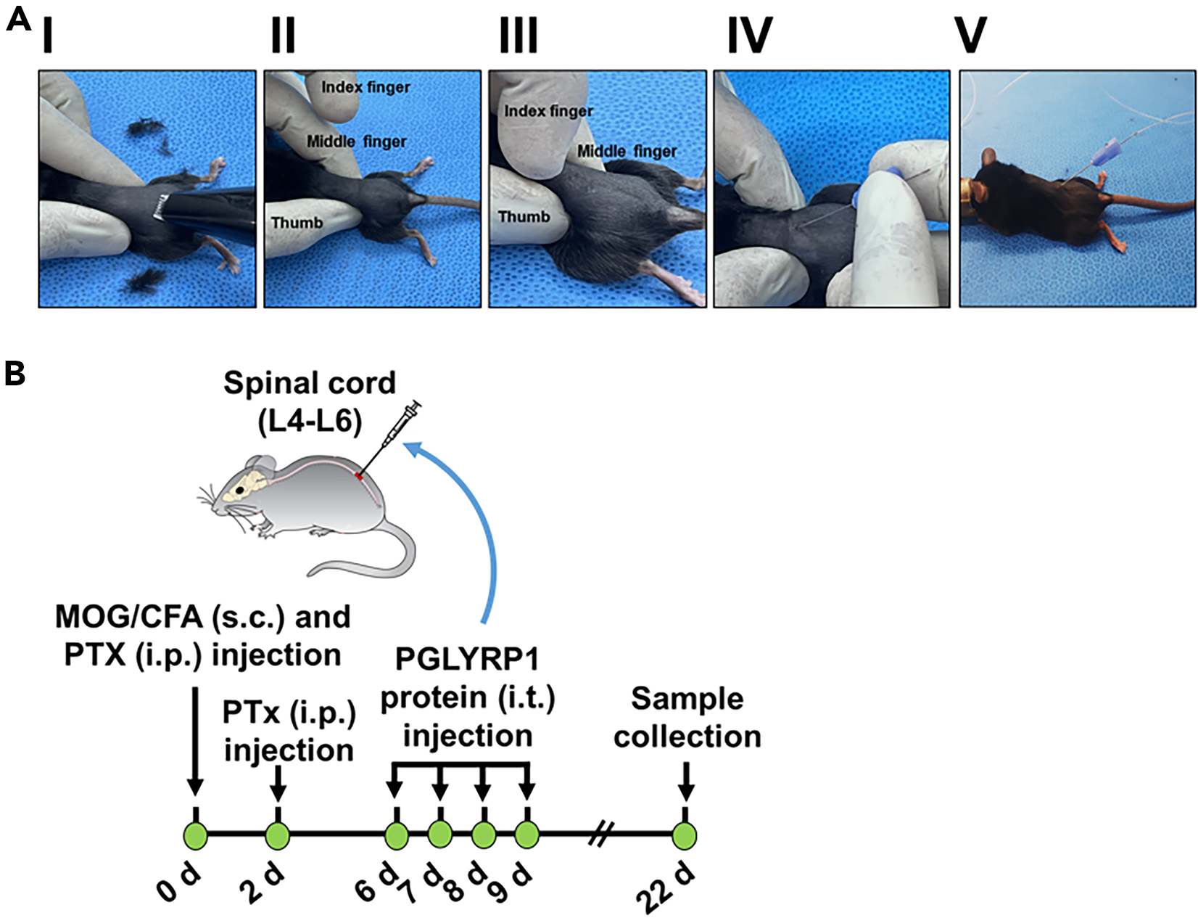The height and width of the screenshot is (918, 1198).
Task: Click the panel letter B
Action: coord(15,374)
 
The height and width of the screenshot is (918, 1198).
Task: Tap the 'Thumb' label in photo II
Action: coord(297,223)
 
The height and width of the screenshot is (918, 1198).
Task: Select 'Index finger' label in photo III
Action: coord(548,111)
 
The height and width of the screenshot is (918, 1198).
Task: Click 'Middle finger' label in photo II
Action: coord(356,142)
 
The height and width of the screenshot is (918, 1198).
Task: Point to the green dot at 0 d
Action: coord(196,835)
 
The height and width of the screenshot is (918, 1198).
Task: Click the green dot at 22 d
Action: coord(684,835)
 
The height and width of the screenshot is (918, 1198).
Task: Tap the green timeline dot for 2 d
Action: coord(278,835)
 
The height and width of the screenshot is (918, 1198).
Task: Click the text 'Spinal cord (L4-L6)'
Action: coord(310,401)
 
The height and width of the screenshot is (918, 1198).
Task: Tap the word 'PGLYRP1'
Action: coord(467,660)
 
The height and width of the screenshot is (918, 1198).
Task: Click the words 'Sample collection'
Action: coord(687,717)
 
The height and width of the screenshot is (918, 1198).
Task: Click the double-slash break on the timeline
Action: coord(600,835)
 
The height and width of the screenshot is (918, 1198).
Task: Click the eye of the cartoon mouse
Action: coord(239,489)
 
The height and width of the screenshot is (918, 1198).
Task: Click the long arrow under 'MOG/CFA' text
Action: coord(195,740)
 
